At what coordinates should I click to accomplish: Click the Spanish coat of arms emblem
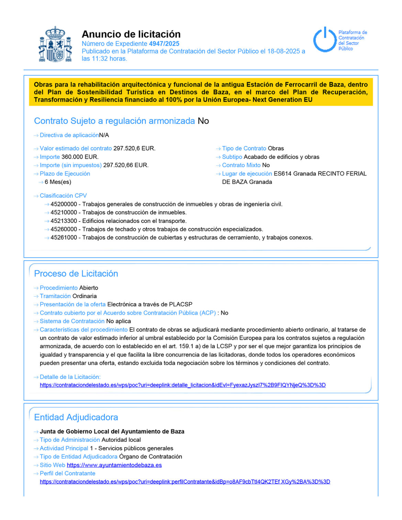55,45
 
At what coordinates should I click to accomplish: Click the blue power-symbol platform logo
324,39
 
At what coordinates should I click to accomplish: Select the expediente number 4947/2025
164,44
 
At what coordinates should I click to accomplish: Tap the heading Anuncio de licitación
131,34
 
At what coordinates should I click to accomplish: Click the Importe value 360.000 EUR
80,157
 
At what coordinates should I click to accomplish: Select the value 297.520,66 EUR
126,165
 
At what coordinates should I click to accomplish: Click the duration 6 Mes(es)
58,182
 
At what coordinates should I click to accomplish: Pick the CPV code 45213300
64,221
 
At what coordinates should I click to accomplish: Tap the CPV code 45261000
64,238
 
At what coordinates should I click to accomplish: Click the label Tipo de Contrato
244,148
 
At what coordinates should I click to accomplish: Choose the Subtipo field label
232,157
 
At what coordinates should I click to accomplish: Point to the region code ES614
282,174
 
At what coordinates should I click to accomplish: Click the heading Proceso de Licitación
76,273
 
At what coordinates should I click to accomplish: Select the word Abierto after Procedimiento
89,288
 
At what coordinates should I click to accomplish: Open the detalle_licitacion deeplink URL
182,385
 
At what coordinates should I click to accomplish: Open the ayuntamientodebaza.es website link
114,465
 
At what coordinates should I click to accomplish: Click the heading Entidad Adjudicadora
76,417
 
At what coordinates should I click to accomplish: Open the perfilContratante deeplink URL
185,482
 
